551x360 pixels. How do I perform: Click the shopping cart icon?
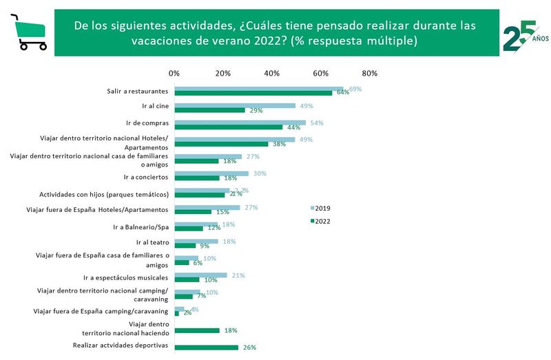tap(28, 32)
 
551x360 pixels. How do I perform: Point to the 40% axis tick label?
tap(271, 74)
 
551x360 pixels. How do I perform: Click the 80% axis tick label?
tap(369, 74)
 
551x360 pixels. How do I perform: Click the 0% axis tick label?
tap(174, 74)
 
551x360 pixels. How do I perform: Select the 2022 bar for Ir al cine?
tap(209, 109)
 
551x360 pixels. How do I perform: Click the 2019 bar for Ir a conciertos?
tap(211, 173)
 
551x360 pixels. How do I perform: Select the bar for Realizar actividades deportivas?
tap(206, 347)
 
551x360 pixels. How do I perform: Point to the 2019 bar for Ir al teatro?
tap(196, 241)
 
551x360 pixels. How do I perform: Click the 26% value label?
tap(249, 348)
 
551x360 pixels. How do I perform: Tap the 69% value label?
tap(355, 89)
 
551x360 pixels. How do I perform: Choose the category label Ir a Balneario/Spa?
tap(141, 226)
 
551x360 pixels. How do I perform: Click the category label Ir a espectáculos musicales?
tap(125, 277)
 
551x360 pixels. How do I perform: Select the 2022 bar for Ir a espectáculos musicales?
tap(187, 280)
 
